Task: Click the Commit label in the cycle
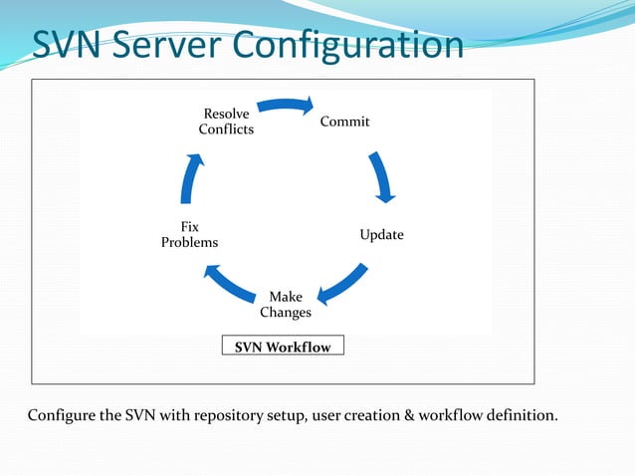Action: [344, 121]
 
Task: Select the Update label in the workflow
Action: [381, 235]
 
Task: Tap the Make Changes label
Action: [286, 305]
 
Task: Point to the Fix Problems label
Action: [189, 235]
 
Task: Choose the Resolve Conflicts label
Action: [226, 121]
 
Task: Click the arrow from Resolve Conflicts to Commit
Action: [286, 104]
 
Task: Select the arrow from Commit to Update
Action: [383, 176]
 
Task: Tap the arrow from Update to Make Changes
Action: [343, 283]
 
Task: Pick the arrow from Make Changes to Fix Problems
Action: [228, 283]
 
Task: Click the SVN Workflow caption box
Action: [283, 347]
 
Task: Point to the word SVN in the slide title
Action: [65, 45]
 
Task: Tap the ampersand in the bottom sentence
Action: [400, 414]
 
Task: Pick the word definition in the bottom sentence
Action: [517, 414]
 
